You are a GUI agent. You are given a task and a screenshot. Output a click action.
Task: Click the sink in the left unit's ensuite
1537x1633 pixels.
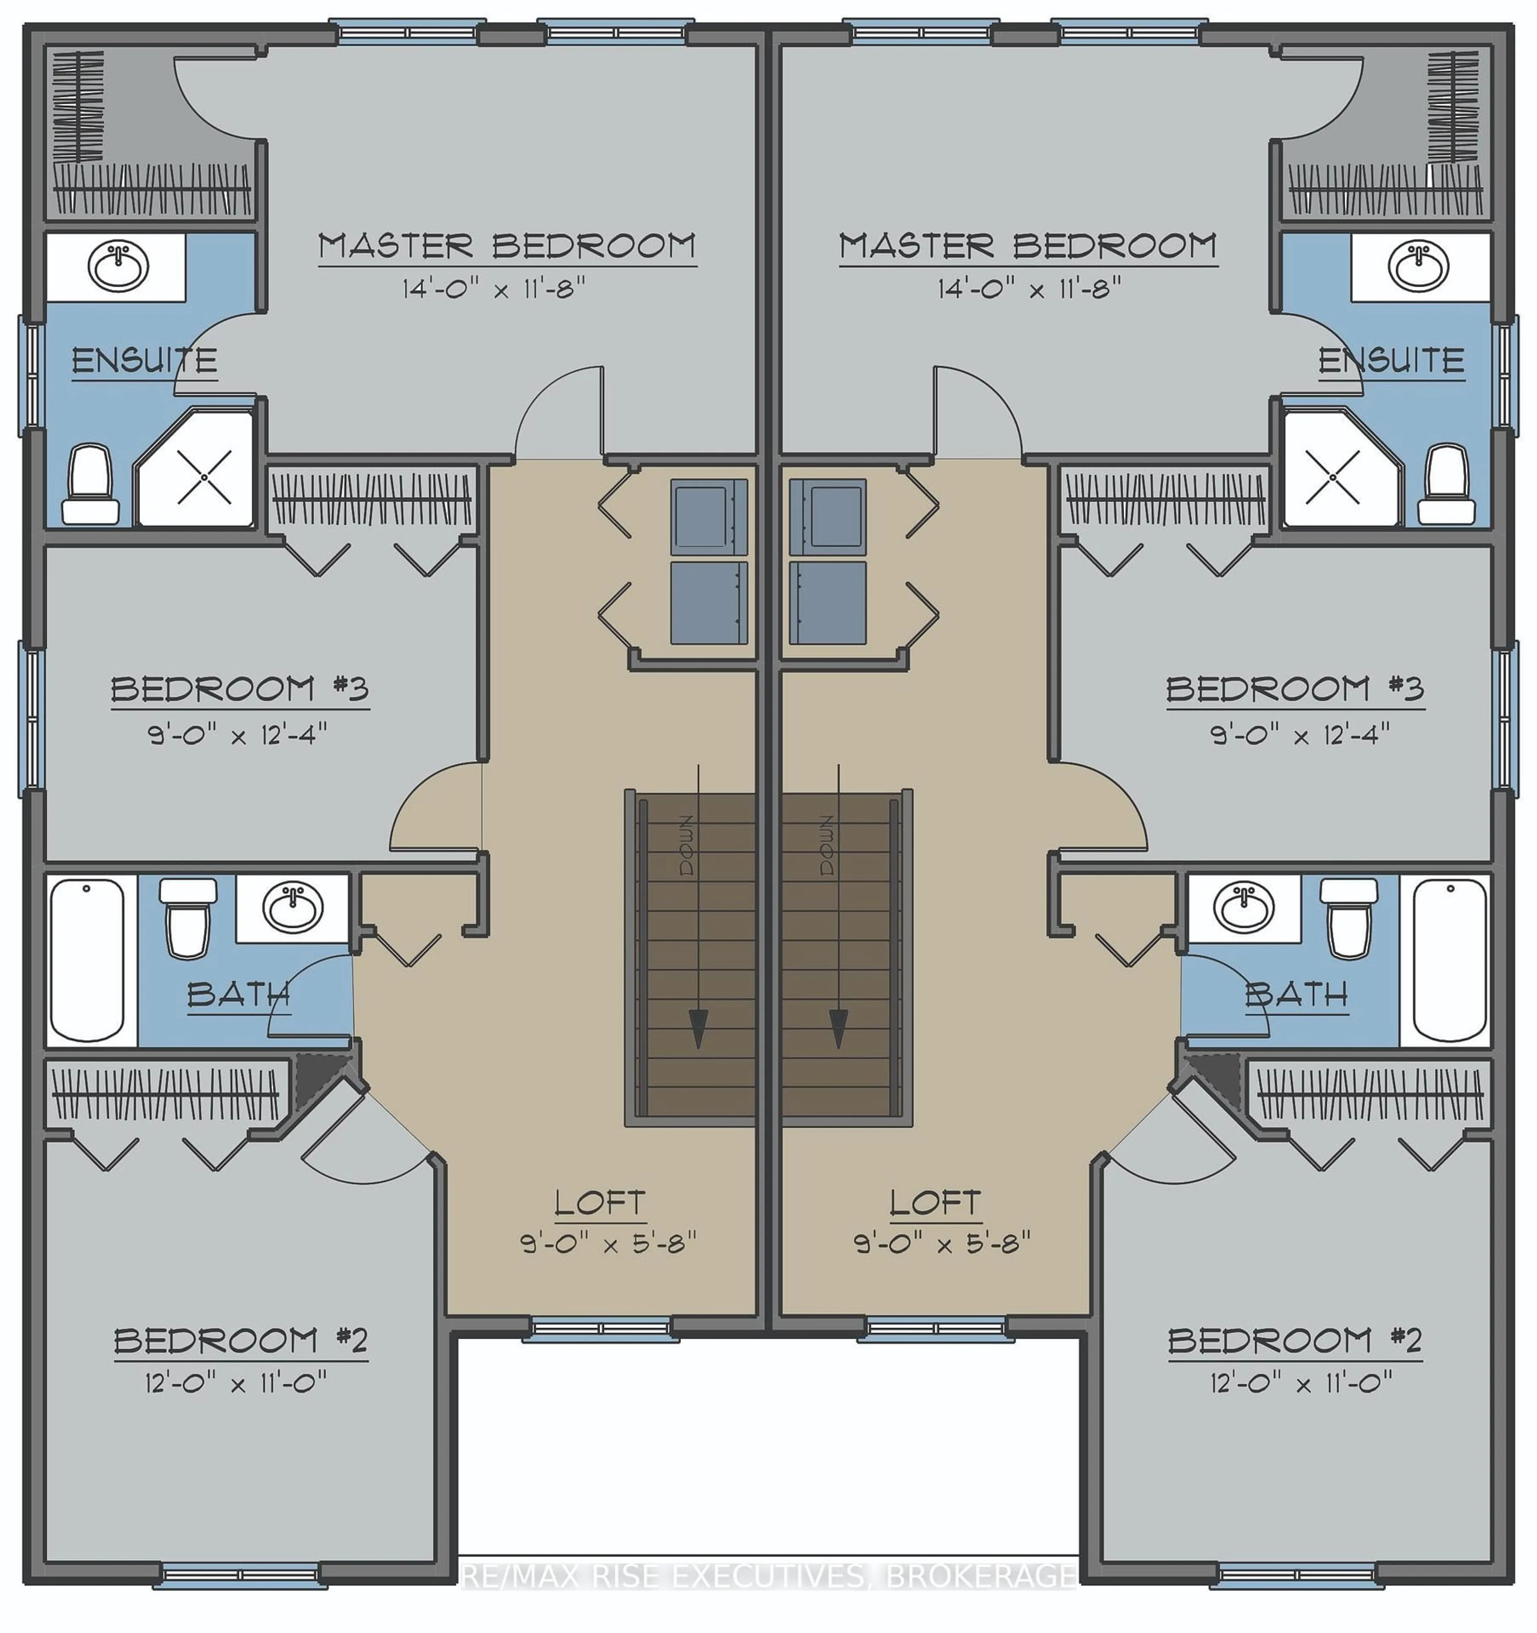pos(118,265)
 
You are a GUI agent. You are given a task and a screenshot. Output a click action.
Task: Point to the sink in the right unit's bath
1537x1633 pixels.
pos(1243,908)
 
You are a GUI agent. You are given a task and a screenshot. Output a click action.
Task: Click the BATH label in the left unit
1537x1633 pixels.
pos(238,995)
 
